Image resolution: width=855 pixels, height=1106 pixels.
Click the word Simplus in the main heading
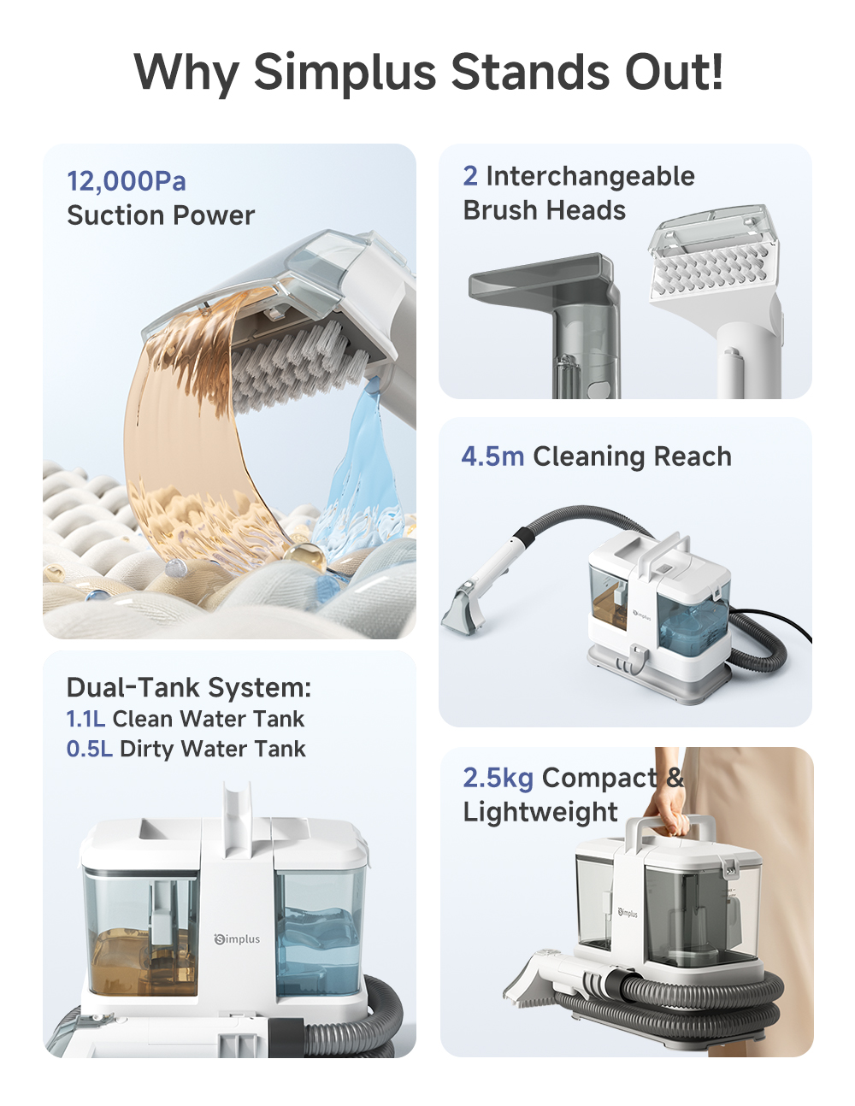345,72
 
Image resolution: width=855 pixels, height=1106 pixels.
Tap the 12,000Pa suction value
126,181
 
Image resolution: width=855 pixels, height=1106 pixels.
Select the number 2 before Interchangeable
469,176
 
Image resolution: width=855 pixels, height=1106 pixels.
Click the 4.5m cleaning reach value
492,456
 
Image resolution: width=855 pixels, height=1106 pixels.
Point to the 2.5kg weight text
498,778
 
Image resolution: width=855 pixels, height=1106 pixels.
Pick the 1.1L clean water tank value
85,719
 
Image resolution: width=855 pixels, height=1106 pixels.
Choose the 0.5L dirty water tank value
89,749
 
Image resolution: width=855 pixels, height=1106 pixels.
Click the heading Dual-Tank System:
188,687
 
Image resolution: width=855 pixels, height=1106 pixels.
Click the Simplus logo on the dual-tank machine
237,939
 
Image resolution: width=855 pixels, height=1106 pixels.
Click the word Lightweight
540,812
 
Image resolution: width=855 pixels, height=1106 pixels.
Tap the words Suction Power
161,215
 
